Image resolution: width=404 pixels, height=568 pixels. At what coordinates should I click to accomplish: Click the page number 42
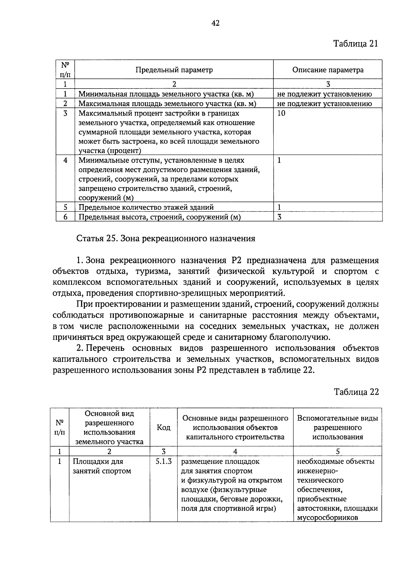215,23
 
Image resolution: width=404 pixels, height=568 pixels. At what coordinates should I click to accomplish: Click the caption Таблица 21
356,44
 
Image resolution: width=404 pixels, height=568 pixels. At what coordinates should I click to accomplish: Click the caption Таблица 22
356,392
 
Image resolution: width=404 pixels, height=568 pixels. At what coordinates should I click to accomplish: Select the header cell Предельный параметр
174,70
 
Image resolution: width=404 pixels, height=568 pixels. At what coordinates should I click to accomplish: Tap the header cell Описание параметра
328,70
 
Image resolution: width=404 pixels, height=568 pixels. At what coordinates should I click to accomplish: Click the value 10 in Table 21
281,114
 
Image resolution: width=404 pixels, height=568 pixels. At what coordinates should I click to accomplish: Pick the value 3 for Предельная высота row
279,217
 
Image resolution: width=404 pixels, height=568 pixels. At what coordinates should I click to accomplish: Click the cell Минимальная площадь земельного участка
166,94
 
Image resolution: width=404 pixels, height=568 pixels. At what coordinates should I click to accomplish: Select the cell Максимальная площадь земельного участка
167,104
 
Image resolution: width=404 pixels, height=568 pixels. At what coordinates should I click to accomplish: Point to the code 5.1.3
164,462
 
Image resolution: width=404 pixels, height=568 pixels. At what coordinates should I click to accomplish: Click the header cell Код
164,428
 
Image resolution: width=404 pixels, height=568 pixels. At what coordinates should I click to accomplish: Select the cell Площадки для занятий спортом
102,466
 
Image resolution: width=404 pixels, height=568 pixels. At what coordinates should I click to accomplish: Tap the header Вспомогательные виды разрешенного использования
337,428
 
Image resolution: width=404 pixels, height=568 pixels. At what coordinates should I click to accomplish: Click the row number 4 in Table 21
65,161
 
